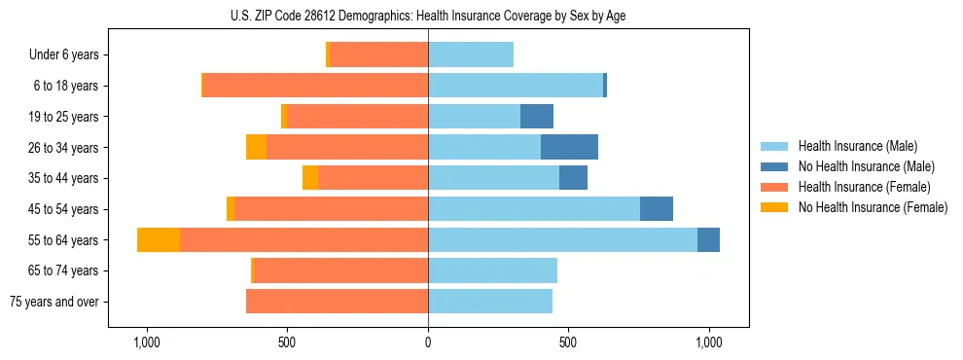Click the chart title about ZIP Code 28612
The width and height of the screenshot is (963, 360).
click(428, 15)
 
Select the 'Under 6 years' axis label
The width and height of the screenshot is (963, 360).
click(64, 55)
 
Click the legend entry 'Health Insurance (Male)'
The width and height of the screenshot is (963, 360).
click(857, 146)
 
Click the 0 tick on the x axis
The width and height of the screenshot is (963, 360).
click(428, 343)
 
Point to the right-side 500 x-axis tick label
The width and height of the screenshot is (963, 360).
click(568, 343)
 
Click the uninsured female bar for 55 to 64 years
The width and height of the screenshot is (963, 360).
click(159, 240)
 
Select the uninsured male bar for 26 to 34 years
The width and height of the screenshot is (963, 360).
click(569, 148)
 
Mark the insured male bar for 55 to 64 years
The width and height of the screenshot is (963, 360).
click(562, 240)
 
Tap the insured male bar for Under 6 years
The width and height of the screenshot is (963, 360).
click(471, 55)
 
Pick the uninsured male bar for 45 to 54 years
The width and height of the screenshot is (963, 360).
click(657, 209)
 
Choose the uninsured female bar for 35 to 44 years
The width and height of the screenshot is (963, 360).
click(310, 178)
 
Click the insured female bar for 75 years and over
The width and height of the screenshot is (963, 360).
click(337, 302)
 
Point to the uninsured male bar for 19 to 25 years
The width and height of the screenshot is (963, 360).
click(537, 117)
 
